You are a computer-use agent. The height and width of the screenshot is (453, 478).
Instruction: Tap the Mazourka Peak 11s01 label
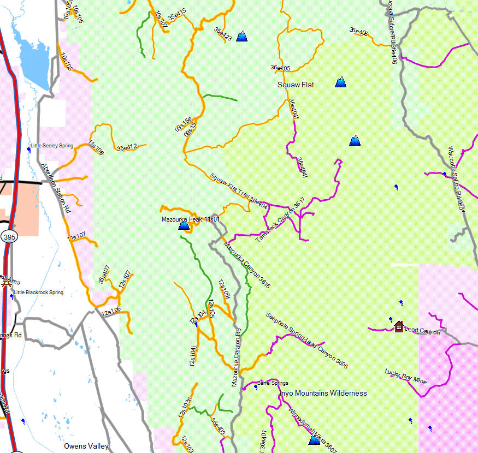coord(190,219)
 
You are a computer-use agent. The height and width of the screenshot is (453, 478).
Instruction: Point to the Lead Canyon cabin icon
coord(399,326)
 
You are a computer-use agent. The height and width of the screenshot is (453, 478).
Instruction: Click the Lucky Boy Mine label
coord(405,377)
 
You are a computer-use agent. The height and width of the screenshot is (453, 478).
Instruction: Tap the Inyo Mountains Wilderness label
coord(323,394)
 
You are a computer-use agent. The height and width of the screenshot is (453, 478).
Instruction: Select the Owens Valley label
coord(86,446)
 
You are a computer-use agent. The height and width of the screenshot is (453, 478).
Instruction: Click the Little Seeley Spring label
coord(52,146)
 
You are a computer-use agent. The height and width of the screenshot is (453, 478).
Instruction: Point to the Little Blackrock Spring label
coord(38,293)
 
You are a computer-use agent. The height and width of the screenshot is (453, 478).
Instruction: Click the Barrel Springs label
coord(273,383)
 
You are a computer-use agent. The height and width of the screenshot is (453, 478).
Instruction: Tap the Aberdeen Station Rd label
coord(56,188)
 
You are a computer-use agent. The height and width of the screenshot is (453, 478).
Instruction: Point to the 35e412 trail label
coord(126,147)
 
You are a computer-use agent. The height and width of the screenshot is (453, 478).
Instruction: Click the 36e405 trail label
coord(280,68)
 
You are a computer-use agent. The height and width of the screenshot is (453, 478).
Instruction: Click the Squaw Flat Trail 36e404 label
coord(239,190)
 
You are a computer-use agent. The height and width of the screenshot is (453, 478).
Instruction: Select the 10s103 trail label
coord(66,62)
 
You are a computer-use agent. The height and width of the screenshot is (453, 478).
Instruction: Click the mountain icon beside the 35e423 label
coord(241,37)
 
